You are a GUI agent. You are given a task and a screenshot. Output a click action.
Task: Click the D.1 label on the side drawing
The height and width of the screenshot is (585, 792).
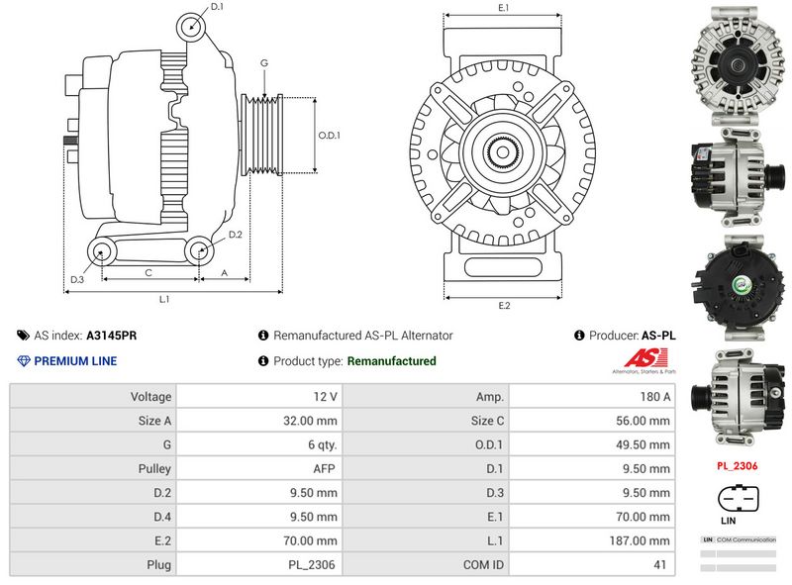coord(217,8)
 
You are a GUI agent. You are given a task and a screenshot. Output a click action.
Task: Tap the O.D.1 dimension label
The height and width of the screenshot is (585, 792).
coord(330,136)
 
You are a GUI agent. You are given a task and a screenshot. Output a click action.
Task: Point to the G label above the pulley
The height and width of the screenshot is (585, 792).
coord(264,63)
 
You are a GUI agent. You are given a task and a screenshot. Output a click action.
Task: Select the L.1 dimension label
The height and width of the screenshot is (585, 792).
coord(164,299)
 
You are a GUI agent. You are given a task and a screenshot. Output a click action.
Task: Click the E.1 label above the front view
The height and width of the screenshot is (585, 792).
coord(503,8)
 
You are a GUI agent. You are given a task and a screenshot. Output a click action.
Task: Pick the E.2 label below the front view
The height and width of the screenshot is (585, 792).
coord(503,305)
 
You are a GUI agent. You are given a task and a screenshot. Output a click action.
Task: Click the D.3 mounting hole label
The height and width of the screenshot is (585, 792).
coord(76,281)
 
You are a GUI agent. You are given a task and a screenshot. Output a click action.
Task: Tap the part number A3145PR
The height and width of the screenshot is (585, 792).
coord(112,336)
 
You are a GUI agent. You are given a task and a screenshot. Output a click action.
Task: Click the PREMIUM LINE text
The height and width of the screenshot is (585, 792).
coord(75,361)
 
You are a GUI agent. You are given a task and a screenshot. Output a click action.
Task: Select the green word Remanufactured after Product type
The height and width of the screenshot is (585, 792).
coord(391,361)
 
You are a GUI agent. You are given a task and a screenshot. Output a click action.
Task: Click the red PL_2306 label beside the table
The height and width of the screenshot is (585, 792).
coord(738,464)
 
